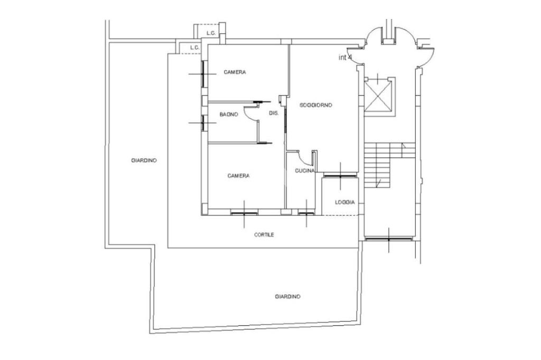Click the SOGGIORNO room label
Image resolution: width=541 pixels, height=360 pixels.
[x=316, y=105]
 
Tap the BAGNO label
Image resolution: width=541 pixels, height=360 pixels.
[x=229, y=115]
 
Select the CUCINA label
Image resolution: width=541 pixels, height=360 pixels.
[x=305, y=170]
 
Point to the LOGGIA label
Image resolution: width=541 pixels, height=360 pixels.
[x=344, y=202]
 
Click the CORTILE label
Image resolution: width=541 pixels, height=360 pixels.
[x=264, y=234]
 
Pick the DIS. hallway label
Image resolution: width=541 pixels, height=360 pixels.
[x=274, y=113]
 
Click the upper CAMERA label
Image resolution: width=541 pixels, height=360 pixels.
[x=235, y=72]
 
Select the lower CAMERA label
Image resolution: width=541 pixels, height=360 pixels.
[x=238, y=176]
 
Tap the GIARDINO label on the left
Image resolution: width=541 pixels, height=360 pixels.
[x=144, y=160]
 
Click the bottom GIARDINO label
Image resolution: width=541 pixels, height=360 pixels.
[x=288, y=296]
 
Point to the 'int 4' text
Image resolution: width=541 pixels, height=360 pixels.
[x=345, y=58]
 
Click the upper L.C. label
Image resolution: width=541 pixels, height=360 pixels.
[x=211, y=33]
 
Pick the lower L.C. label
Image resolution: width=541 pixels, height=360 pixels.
[x=194, y=48]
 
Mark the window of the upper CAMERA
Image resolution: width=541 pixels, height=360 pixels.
[x=203, y=73]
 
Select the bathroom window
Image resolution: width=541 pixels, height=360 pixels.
[x=203, y=123]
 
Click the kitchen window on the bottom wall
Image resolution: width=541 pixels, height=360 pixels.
[x=306, y=214]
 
